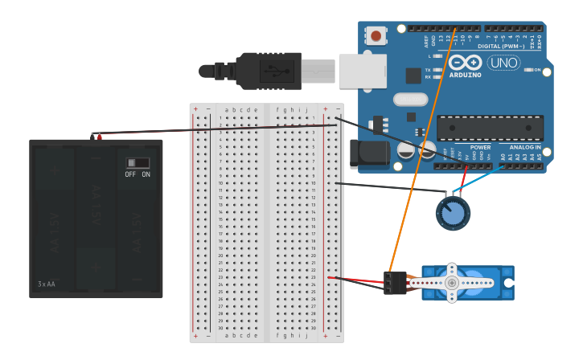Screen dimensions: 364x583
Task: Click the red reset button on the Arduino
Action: [x=376, y=35]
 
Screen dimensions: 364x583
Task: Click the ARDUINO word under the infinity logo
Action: [x=466, y=75]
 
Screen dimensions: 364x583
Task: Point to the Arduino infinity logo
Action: [x=466, y=63]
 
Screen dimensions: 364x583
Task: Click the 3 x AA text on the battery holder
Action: [x=47, y=284]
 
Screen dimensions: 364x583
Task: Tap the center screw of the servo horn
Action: [x=452, y=283]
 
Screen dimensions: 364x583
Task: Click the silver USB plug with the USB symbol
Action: [x=274, y=70]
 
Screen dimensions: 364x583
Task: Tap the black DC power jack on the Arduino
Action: [x=369, y=154]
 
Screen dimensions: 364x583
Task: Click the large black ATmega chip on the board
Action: [x=490, y=128]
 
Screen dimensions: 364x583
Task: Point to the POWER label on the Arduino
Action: [x=480, y=148]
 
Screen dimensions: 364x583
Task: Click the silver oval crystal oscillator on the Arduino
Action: [x=410, y=100]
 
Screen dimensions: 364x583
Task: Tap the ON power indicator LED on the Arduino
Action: [x=528, y=70]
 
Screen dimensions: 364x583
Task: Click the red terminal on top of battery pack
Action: [x=100, y=137]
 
